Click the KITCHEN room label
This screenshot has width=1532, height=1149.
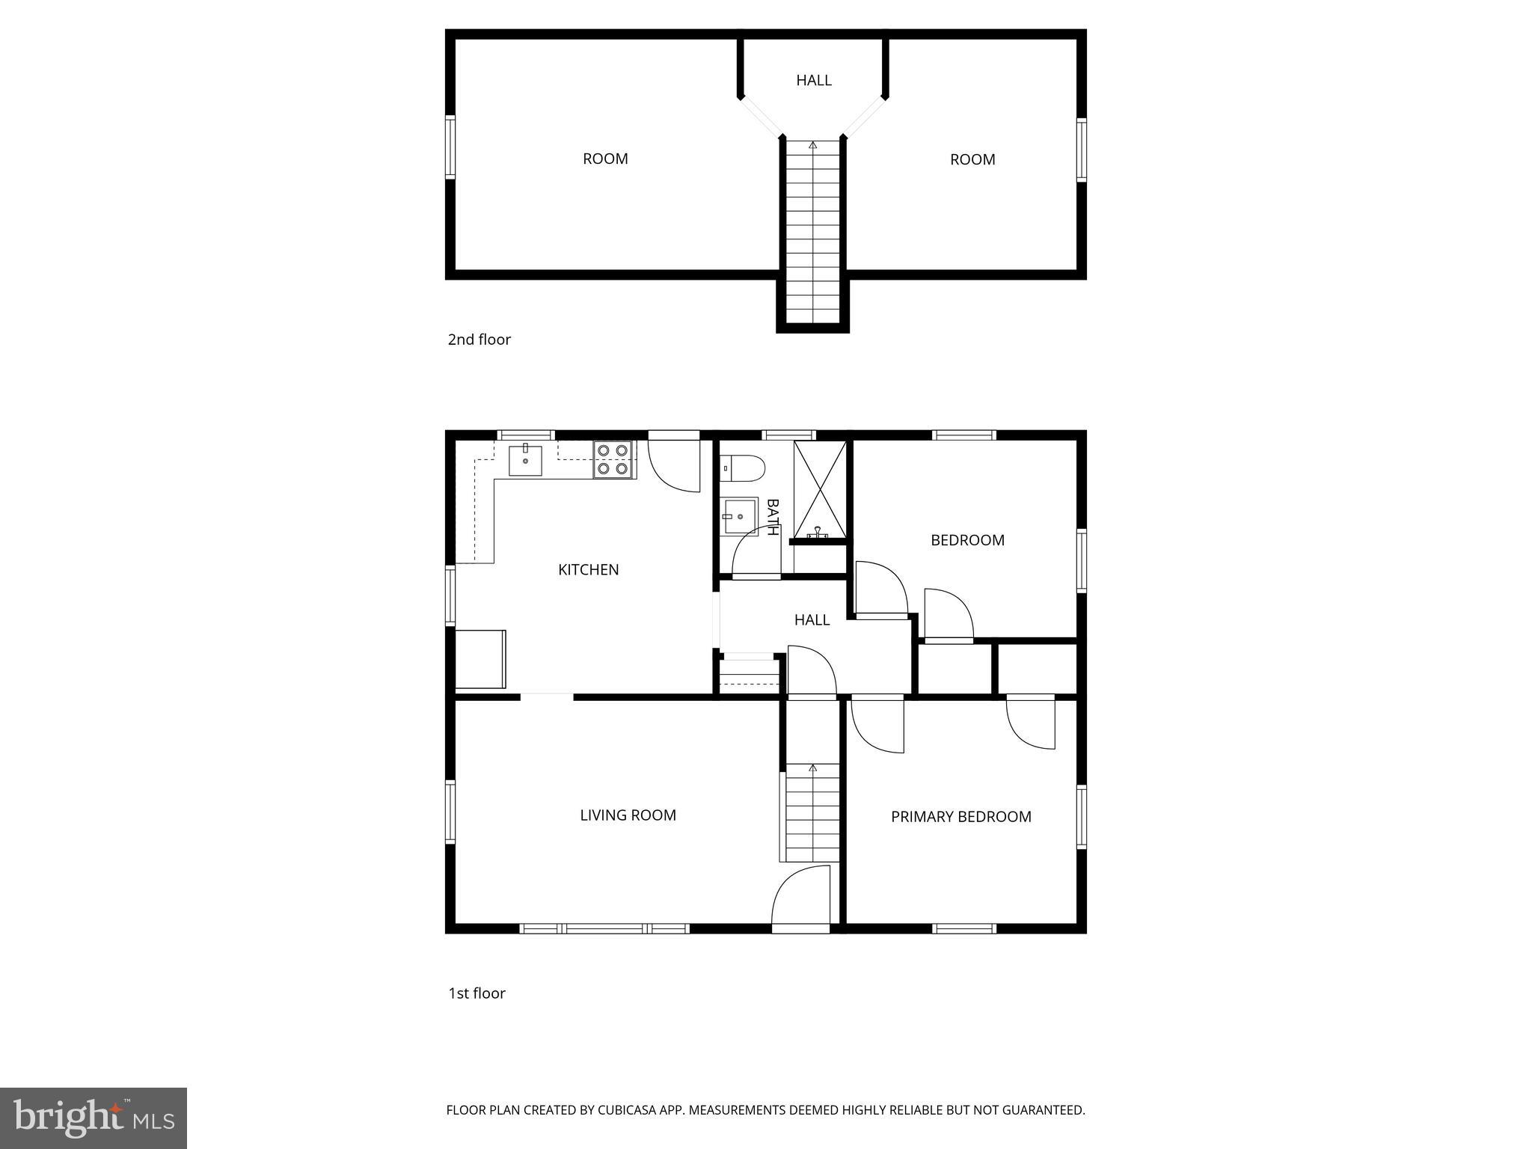[x=588, y=570]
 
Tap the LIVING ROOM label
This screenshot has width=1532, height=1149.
[x=628, y=815]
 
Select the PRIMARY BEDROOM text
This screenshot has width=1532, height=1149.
[x=960, y=817]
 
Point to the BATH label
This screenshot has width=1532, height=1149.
[x=773, y=517]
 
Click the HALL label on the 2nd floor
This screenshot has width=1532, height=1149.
[x=813, y=81]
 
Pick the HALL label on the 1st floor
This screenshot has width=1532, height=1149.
[x=812, y=620]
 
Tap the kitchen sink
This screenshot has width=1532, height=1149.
[x=525, y=460]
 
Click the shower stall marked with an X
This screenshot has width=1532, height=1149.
[x=820, y=489]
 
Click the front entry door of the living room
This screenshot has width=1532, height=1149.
[x=801, y=897]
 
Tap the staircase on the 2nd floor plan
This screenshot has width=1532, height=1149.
[x=812, y=232]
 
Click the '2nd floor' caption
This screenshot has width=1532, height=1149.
[x=479, y=340]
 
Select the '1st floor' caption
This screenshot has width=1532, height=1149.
[x=477, y=993]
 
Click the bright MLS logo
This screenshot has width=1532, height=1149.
[x=94, y=1118]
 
